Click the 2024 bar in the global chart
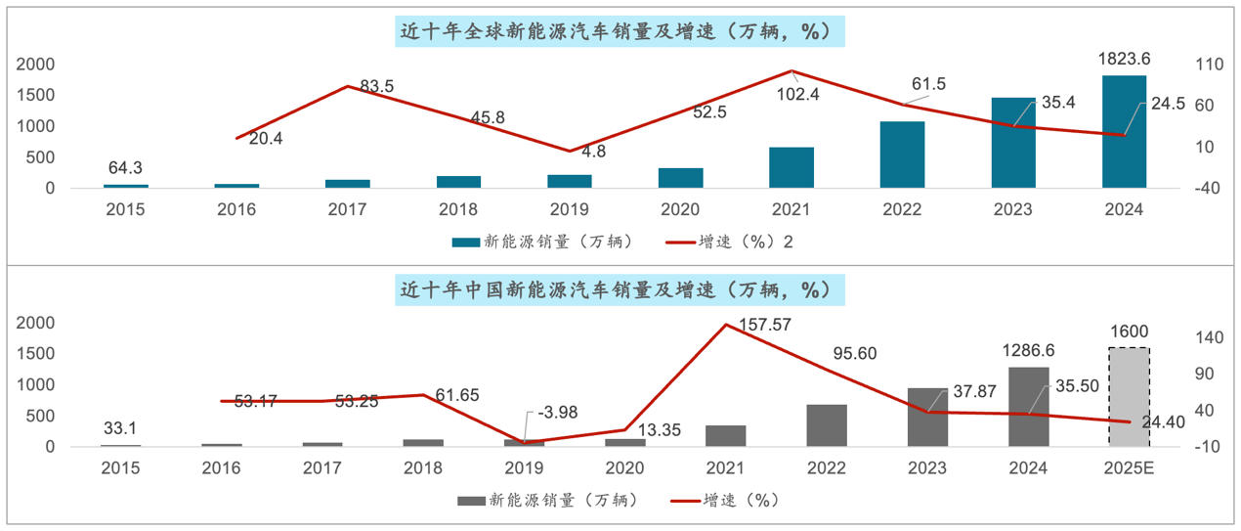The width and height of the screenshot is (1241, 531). [1124, 131]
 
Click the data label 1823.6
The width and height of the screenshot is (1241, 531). [1124, 58]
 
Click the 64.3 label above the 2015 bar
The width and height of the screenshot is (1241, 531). [126, 166]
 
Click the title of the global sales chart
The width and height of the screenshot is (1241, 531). [620, 31]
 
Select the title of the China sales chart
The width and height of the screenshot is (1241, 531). [620, 290]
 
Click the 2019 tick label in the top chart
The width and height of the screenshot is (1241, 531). [569, 209]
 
